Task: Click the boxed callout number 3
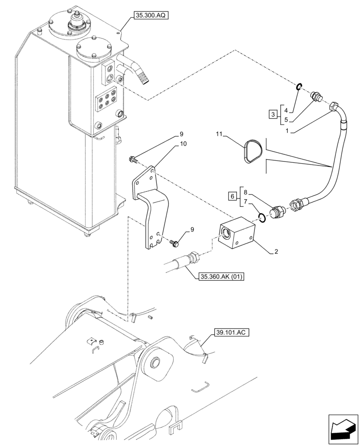pyautogui.click(x=273, y=115)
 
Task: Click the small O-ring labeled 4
pyautogui.click(x=300, y=87)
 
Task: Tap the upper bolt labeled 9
pyautogui.click(x=133, y=158)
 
